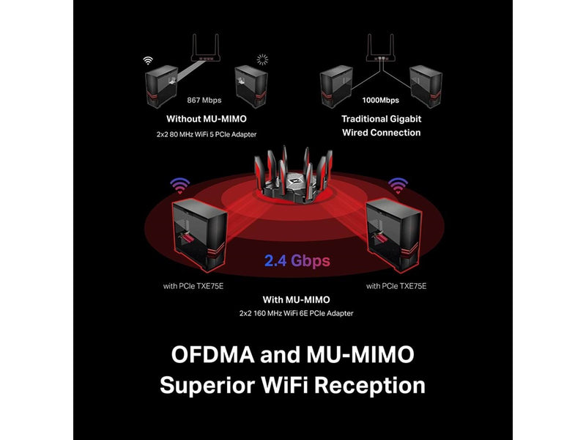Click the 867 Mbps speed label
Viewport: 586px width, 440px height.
pyautogui.click(x=204, y=100)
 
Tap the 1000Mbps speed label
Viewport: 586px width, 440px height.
pyautogui.click(x=380, y=100)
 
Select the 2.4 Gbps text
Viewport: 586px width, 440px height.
pyautogui.click(x=297, y=261)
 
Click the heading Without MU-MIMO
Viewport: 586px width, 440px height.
pyautogui.click(x=207, y=119)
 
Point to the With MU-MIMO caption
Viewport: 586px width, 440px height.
pyautogui.click(x=297, y=300)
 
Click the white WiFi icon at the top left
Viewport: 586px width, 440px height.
pyautogui.click(x=148, y=60)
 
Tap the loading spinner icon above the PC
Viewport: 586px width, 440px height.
pyautogui.click(x=262, y=59)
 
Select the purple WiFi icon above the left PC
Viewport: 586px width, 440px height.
pyautogui.click(x=180, y=186)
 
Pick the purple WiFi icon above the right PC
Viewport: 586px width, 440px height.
pyautogui.click(x=398, y=186)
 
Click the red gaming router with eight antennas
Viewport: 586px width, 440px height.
pyautogui.click(x=293, y=176)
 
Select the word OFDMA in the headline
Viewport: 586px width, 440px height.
pyautogui.click(x=213, y=354)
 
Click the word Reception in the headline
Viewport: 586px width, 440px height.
pyautogui.click(x=370, y=386)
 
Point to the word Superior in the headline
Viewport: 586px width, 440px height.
pyautogui.click(x=207, y=386)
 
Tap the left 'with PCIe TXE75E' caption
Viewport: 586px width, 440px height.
pyautogui.click(x=193, y=286)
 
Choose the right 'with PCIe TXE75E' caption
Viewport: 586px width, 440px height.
pyautogui.click(x=396, y=286)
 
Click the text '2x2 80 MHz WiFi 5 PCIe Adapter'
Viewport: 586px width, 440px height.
pyautogui.click(x=207, y=134)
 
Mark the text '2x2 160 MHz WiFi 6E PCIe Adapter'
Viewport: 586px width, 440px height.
pyautogui.click(x=297, y=313)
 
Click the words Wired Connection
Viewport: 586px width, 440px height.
pyautogui.click(x=381, y=133)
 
